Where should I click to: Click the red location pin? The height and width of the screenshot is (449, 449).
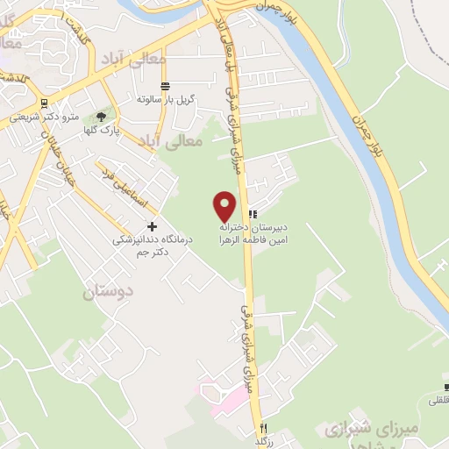pos(225,206)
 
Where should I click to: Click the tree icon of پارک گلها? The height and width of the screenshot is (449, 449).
pos(101,115)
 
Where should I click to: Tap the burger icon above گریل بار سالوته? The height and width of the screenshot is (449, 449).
pos(165,85)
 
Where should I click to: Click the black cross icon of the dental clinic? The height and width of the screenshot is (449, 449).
pos(152,225)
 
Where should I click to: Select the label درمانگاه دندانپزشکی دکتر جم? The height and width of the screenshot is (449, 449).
pos(145,245)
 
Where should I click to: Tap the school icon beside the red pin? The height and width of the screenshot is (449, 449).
pos(253,213)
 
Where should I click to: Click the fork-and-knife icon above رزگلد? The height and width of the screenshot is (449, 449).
pos(262,427)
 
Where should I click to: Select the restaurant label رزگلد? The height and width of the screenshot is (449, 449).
pos(262,440)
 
